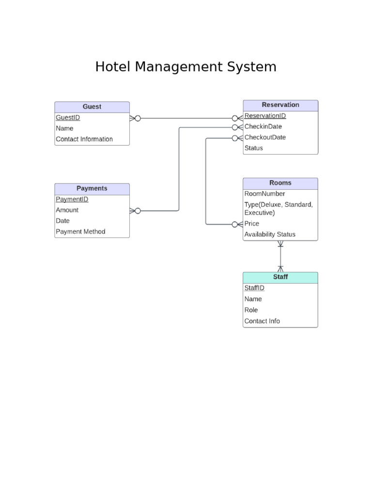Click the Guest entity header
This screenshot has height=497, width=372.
92,107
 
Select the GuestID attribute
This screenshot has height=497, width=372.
68,117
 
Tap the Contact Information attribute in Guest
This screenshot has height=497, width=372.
84,139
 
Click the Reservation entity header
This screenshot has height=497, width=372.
280,105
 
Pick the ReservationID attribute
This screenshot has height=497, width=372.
265,116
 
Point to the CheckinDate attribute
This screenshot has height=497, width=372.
263,126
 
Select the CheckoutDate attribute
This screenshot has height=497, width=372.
265,137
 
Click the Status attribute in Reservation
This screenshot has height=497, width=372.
254,148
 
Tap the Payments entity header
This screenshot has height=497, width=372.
92,188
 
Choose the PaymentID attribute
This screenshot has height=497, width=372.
72,199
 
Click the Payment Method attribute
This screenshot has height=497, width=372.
80,232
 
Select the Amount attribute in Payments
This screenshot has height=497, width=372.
67,210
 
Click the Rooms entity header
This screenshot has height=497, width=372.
280,183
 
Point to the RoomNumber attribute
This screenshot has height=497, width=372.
265,194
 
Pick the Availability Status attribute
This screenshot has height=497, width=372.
270,234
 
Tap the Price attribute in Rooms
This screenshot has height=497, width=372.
252,224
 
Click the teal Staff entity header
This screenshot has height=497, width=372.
280,277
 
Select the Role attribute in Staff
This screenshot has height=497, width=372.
251,310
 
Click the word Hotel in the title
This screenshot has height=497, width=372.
113,66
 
